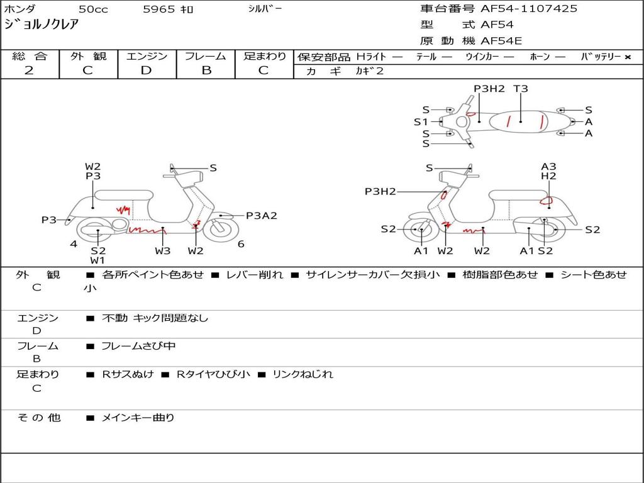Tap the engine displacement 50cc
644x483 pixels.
pyautogui.click(x=93, y=9)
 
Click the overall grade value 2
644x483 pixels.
pyautogui.click(x=29, y=70)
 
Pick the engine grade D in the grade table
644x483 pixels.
pyautogui.click(x=146, y=70)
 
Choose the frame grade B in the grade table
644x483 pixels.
pyautogui.click(x=206, y=70)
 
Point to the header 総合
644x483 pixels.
pyautogui.click(x=30, y=57)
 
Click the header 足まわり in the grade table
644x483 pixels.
pyautogui.click(x=265, y=57)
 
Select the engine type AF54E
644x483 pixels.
pyautogui.click(x=501, y=42)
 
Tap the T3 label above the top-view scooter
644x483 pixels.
pyautogui.click(x=521, y=89)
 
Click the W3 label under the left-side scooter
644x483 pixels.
pyautogui.click(x=163, y=251)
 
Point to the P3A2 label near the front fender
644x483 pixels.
pyautogui.click(x=261, y=216)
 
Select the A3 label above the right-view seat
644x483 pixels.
pyautogui.click(x=548, y=167)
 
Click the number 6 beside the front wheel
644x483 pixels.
pyautogui.click(x=241, y=244)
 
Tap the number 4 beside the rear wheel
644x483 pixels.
pyautogui.click(x=74, y=244)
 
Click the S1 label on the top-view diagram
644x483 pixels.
pyautogui.click(x=421, y=122)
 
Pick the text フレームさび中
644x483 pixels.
pyautogui.click(x=138, y=346)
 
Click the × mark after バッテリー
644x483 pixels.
pyautogui.click(x=627, y=57)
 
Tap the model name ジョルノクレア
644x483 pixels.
pyautogui.click(x=42, y=25)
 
